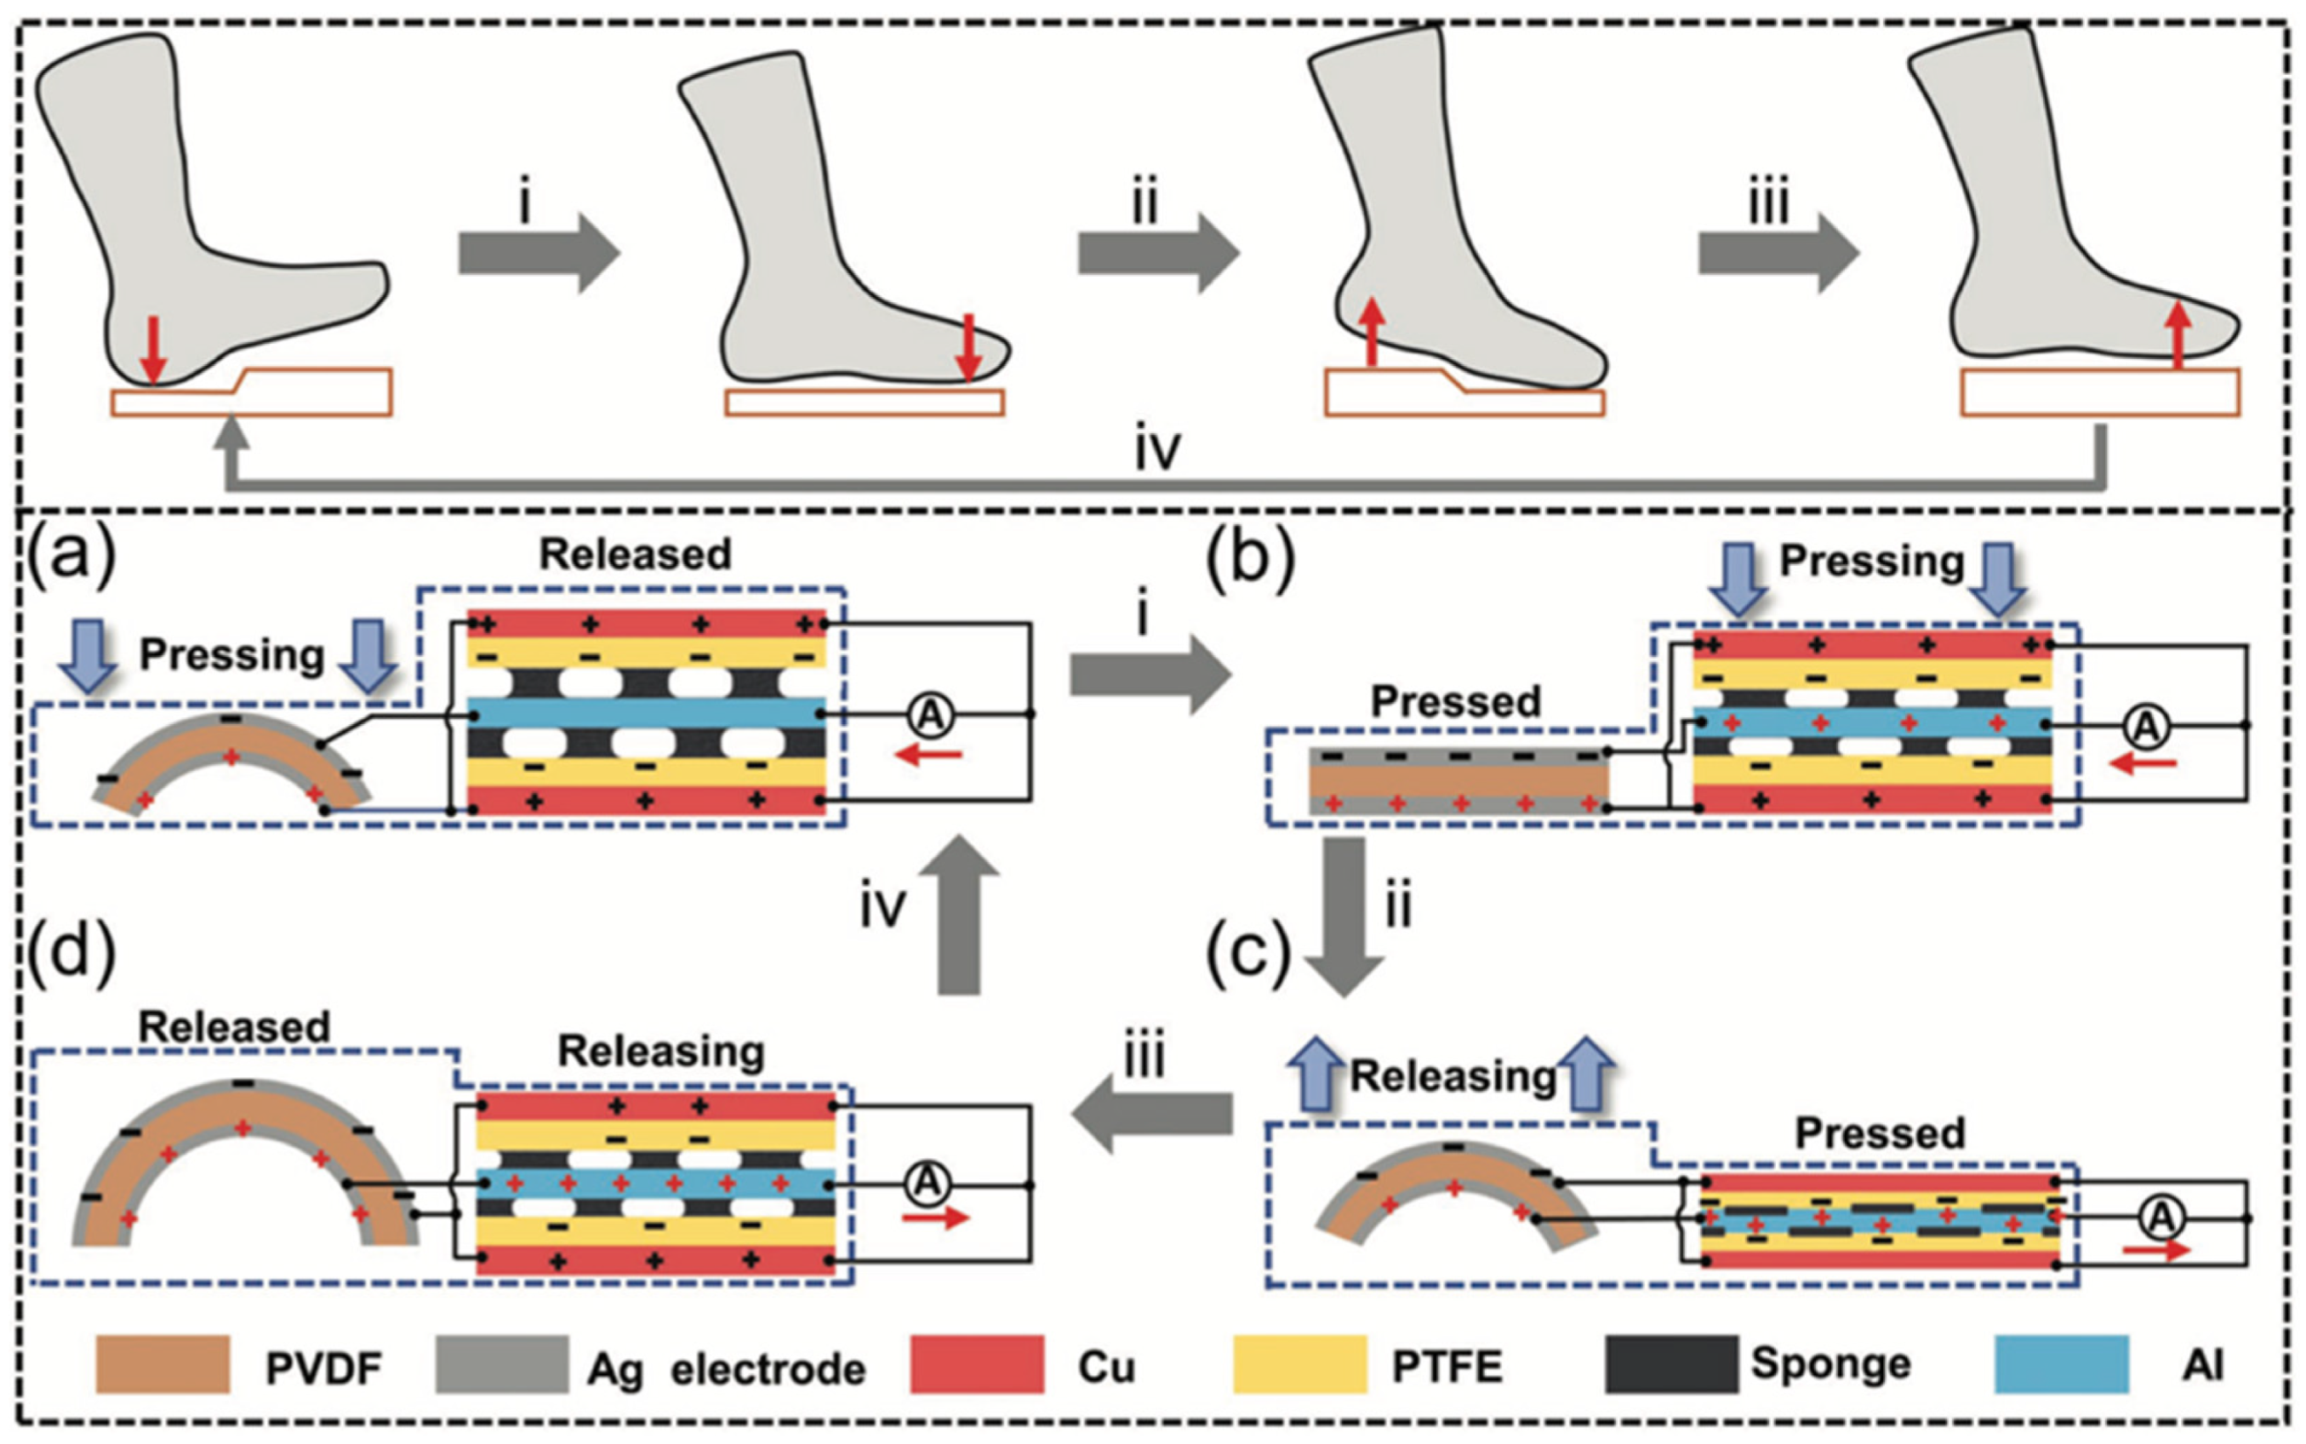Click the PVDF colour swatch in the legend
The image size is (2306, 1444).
coord(163,1364)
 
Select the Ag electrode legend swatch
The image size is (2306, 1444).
coord(502,1364)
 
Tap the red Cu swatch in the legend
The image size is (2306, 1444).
coord(976,1364)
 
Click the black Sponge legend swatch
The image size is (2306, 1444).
coord(1670,1364)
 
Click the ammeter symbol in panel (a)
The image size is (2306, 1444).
coord(929,715)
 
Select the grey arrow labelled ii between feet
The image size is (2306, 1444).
coord(1158,253)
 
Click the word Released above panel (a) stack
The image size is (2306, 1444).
coord(635,555)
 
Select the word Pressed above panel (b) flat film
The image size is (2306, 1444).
coord(1455,702)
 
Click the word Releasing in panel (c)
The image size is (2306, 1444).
coord(1453,1076)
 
